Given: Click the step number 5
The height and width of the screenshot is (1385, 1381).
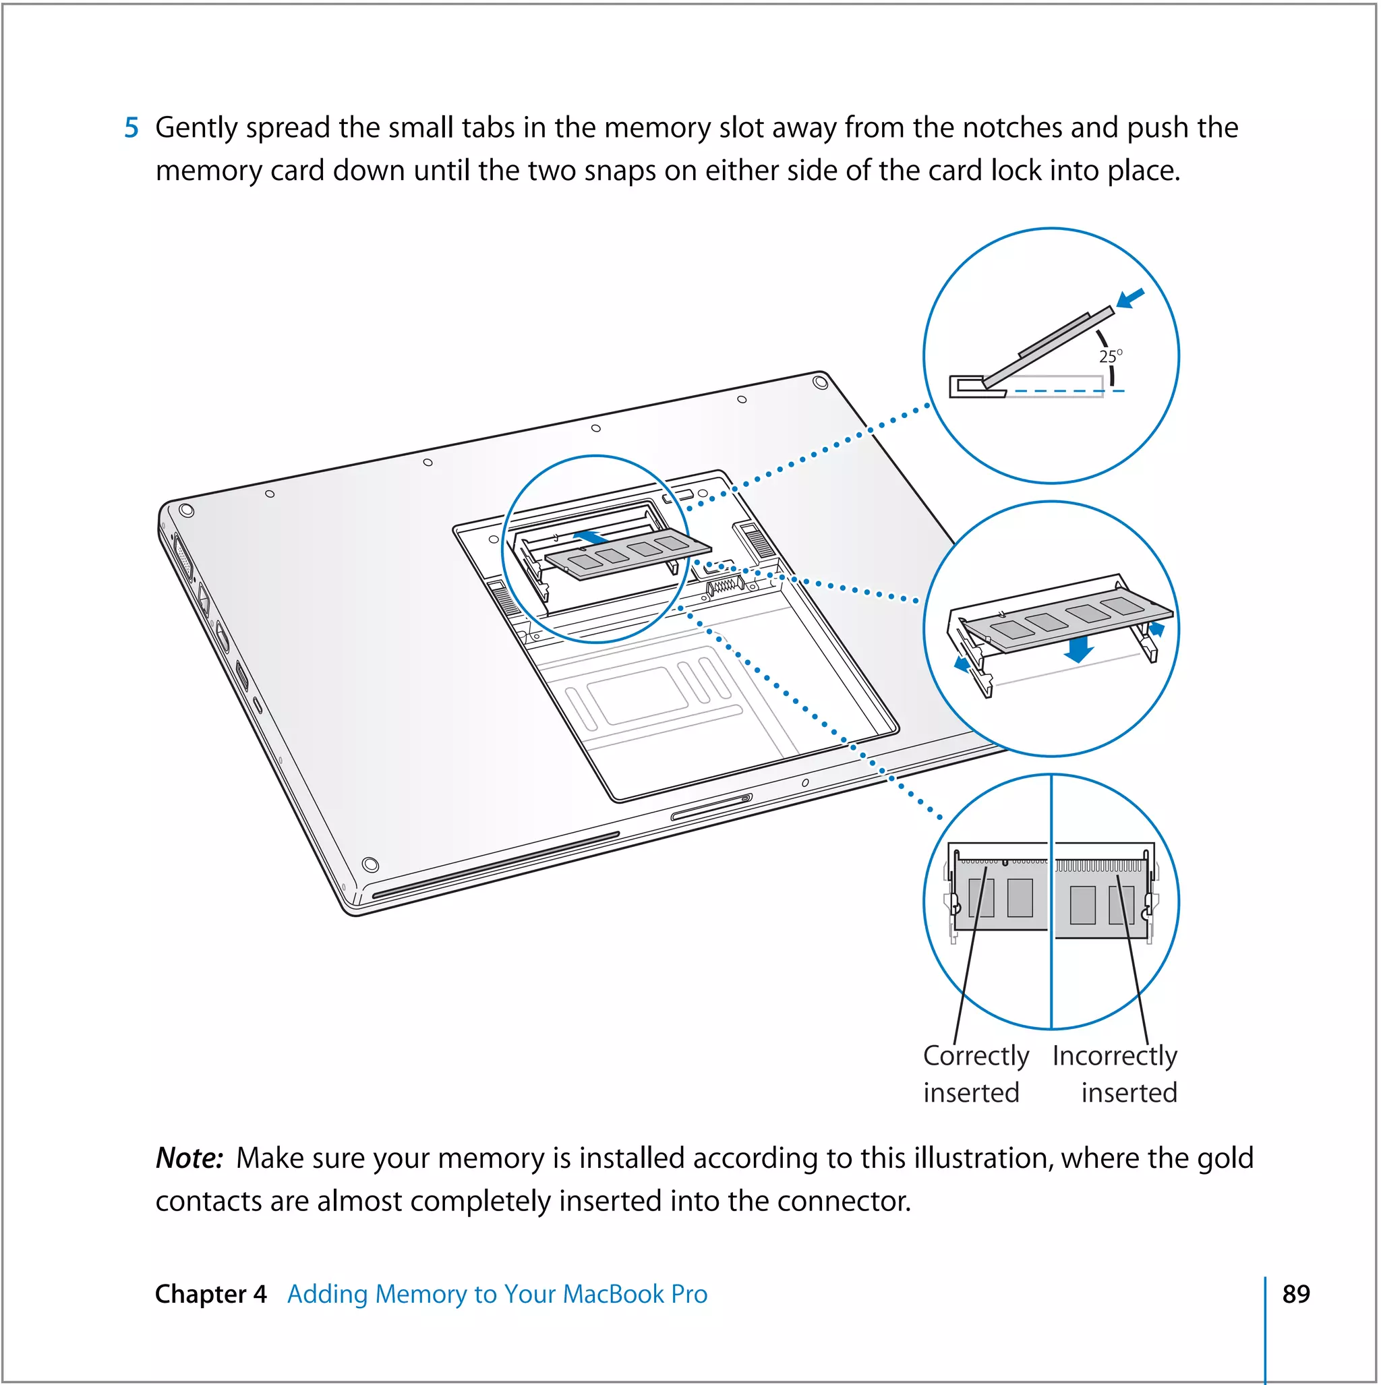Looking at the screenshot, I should (x=131, y=127).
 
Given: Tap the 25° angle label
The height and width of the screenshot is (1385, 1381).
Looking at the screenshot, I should (x=1111, y=356).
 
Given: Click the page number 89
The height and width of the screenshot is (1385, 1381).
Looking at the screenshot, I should (x=1295, y=1293).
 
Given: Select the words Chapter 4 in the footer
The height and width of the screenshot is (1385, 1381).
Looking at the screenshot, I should (x=211, y=1294).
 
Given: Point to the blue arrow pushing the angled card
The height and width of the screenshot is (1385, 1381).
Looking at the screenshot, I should (x=1131, y=297).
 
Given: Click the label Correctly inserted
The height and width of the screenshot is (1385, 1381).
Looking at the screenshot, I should (x=975, y=1074).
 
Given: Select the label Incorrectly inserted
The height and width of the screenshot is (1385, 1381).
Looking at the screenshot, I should (x=1115, y=1074).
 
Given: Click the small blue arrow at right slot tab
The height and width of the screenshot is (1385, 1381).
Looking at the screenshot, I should (x=1156, y=628).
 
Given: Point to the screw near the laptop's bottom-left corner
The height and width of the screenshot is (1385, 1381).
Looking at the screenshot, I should (x=370, y=864).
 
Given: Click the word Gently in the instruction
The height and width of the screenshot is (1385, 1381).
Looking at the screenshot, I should (x=196, y=127).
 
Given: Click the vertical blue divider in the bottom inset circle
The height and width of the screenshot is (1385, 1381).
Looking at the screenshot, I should (x=1051, y=904).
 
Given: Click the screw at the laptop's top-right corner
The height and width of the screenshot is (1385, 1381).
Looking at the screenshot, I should (x=821, y=382).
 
